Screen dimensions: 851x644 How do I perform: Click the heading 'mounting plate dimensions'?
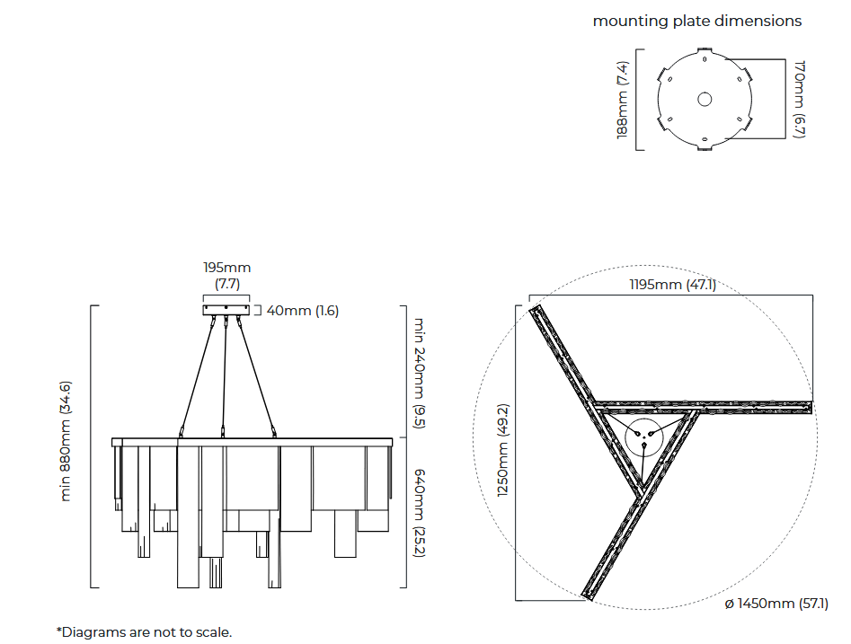pyautogui.click(x=696, y=22)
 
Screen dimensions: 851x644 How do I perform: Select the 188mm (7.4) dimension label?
pyautogui.click(x=623, y=100)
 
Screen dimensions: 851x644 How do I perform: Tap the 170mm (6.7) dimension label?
pyautogui.click(x=800, y=100)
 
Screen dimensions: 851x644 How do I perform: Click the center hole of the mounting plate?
pyautogui.click(x=705, y=100)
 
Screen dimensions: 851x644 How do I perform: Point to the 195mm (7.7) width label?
pyautogui.click(x=226, y=275)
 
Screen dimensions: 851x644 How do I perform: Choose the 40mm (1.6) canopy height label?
pyautogui.click(x=302, y=311)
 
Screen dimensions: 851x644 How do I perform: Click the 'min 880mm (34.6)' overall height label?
pyautogui.click(x=65, y=441)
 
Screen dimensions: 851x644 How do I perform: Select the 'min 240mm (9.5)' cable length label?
pyautogui.click(x=419, y=374)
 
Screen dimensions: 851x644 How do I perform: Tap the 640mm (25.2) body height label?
pyautogui.click(x=419, y=513)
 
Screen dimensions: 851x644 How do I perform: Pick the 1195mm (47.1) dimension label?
pyautogui.click(x=672, y=285)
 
